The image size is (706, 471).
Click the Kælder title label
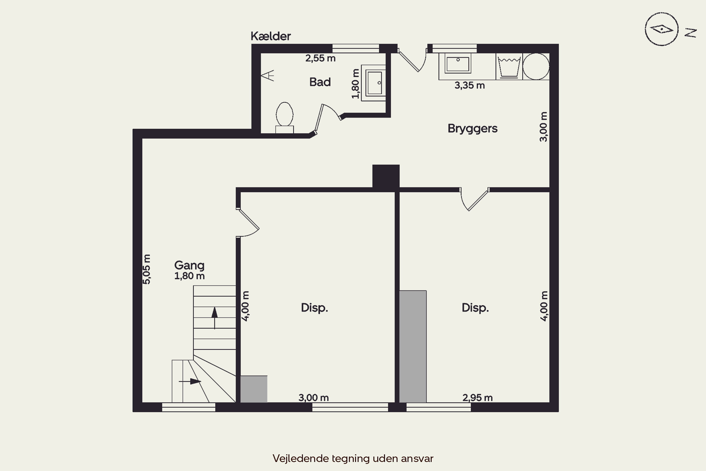click(270, 36)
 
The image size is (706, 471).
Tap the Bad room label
click(320, 82)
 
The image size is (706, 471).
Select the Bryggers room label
click(473, 129)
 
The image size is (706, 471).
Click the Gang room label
click(189, 265)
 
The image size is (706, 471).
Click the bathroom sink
click(373, 83)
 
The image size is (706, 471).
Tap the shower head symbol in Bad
click(267, 76)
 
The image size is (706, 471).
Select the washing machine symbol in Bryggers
click(509, 66)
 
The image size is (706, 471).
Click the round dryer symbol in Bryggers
click(536, 66)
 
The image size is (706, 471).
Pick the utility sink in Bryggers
click(458, 63)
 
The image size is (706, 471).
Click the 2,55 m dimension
click(320, 58)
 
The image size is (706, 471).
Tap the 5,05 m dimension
click(146, 269)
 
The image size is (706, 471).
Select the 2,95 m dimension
click(477, 398)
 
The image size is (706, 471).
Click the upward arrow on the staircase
click(214, 318)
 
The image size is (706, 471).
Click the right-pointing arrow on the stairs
click(190, 382)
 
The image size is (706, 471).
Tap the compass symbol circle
click(662, 29)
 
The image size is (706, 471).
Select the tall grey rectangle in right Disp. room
click(413, 346)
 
